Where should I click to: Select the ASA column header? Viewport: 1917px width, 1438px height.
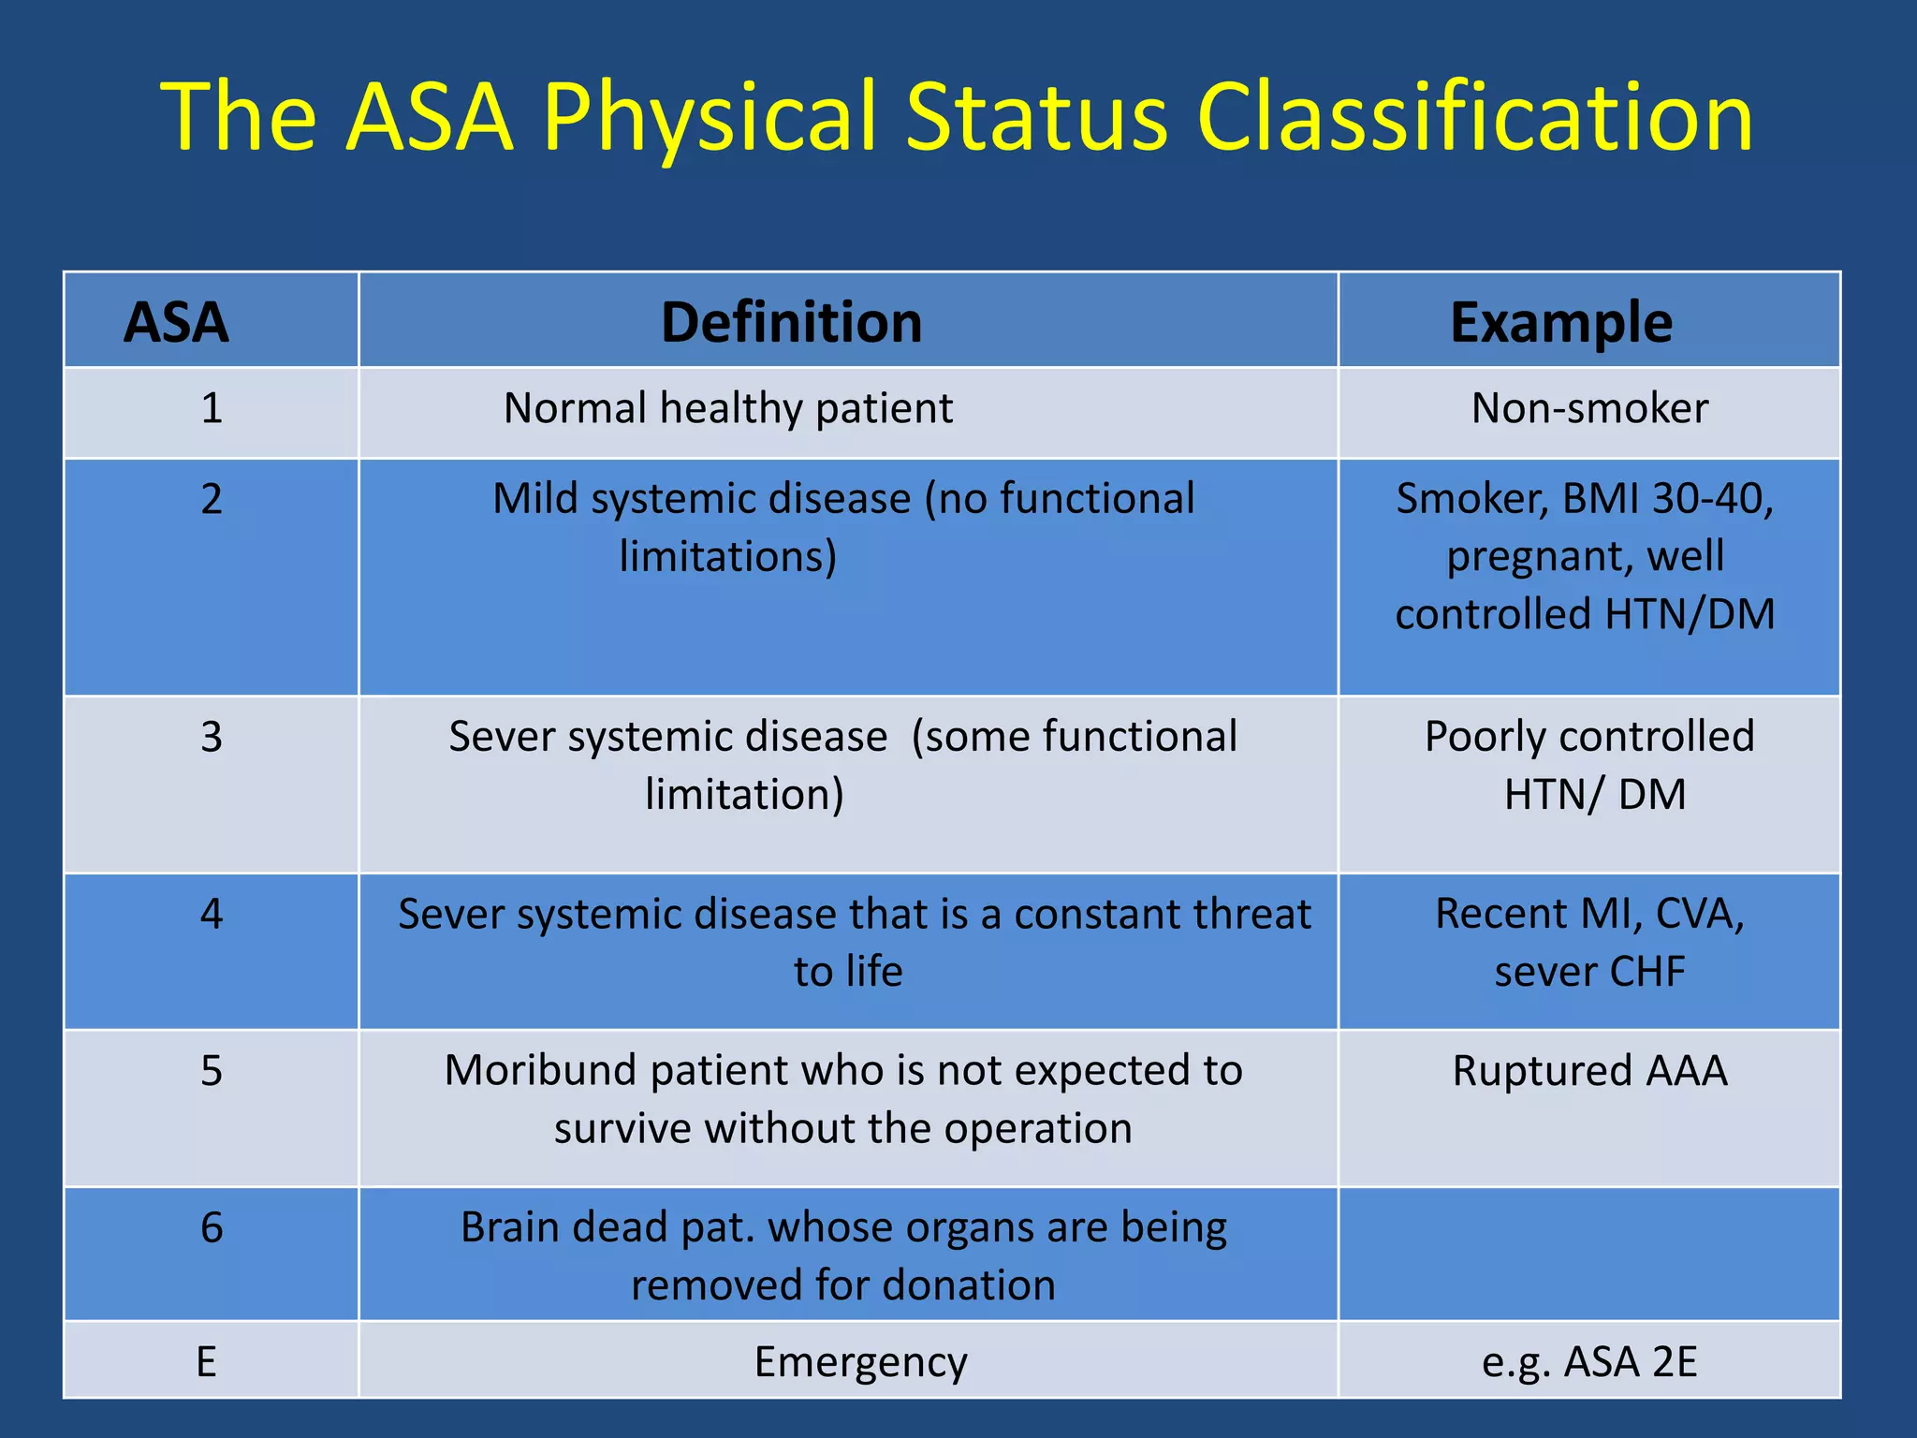(176, 322)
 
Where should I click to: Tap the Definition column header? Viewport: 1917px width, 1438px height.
(792, 322)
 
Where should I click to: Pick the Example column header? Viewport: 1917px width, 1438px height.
(1560, 322)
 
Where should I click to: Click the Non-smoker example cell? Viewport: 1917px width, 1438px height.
(1589, 409)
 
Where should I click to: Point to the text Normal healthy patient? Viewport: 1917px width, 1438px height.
(728, 409)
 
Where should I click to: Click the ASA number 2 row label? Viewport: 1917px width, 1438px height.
(212, 499)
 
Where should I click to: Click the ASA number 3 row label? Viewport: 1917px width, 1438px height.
(212, 738)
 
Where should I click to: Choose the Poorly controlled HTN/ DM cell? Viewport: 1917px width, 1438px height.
(1589, 765)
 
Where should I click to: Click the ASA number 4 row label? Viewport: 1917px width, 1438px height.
(212, 914)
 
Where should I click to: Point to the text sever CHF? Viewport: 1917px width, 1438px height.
(1589, 972)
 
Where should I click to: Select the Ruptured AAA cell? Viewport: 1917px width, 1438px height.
(1589, 1071)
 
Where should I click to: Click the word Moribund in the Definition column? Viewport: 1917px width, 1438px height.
(540, 1071)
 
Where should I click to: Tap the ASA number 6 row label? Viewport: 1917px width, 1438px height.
(212, 1227)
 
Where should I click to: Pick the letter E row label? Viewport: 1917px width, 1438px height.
(207, 1362)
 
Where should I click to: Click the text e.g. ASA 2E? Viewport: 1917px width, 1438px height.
(1589, 1362)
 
